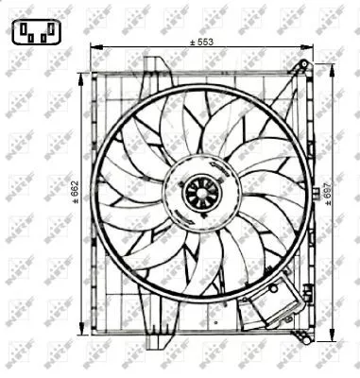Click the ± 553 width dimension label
tap(201, 42)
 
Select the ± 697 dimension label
tap(340, 201)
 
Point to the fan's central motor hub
tap(200, 193)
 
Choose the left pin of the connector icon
tap(26, 39)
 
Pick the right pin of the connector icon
tap(47, 39)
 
